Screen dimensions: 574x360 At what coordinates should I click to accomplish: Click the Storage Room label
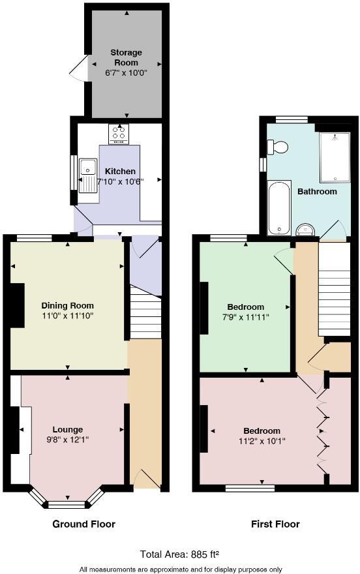[126, 57]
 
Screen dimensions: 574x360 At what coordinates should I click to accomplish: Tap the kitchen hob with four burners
[119, 134]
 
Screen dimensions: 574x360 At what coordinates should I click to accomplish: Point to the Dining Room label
[68, 305]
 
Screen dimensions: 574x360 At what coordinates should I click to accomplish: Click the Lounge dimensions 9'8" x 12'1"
[68, 440]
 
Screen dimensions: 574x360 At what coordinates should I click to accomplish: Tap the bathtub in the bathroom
[279, 207]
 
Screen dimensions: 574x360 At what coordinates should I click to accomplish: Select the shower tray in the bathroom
[334, 157]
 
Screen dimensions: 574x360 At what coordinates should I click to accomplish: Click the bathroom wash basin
[305, 229]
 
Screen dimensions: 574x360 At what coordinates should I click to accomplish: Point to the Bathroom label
[317, 192]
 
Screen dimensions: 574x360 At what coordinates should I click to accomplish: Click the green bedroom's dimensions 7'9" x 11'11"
[246, 317]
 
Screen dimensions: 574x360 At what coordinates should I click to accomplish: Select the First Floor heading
[275, 524]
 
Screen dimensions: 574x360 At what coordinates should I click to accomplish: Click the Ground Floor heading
[84, 524]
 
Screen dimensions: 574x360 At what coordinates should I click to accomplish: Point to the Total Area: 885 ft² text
[180, 554]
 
